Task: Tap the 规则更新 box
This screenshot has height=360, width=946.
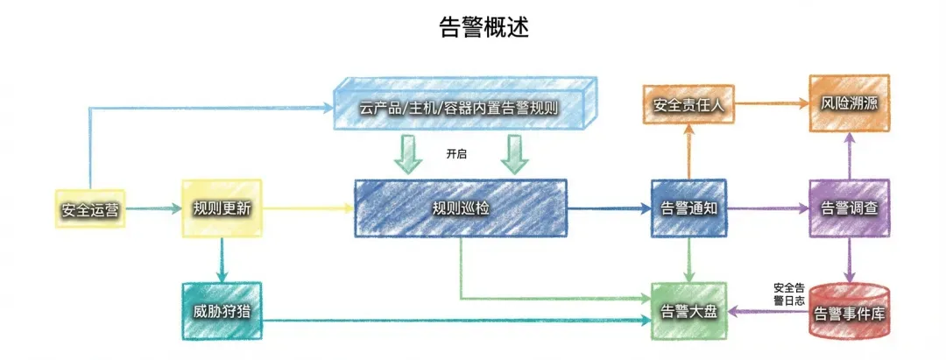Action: pos(221,208)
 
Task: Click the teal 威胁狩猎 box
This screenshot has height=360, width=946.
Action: pos(221,312)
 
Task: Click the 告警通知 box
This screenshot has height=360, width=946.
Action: pos(689,208)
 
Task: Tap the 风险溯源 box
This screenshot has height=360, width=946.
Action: pos(849,103)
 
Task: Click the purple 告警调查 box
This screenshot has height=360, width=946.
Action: pos(849,208)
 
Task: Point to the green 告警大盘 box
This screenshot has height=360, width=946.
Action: pos(689,312)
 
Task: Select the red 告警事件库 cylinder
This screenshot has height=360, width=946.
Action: pos(848,312)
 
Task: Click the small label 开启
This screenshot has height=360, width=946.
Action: pos(455,154)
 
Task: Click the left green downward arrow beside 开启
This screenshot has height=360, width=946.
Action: pos(407,154)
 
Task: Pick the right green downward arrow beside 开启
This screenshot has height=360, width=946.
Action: pos(514,154)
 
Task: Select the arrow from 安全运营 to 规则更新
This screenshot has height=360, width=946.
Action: pos(151,208)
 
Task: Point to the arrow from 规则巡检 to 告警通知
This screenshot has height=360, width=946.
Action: pos(609,208)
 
